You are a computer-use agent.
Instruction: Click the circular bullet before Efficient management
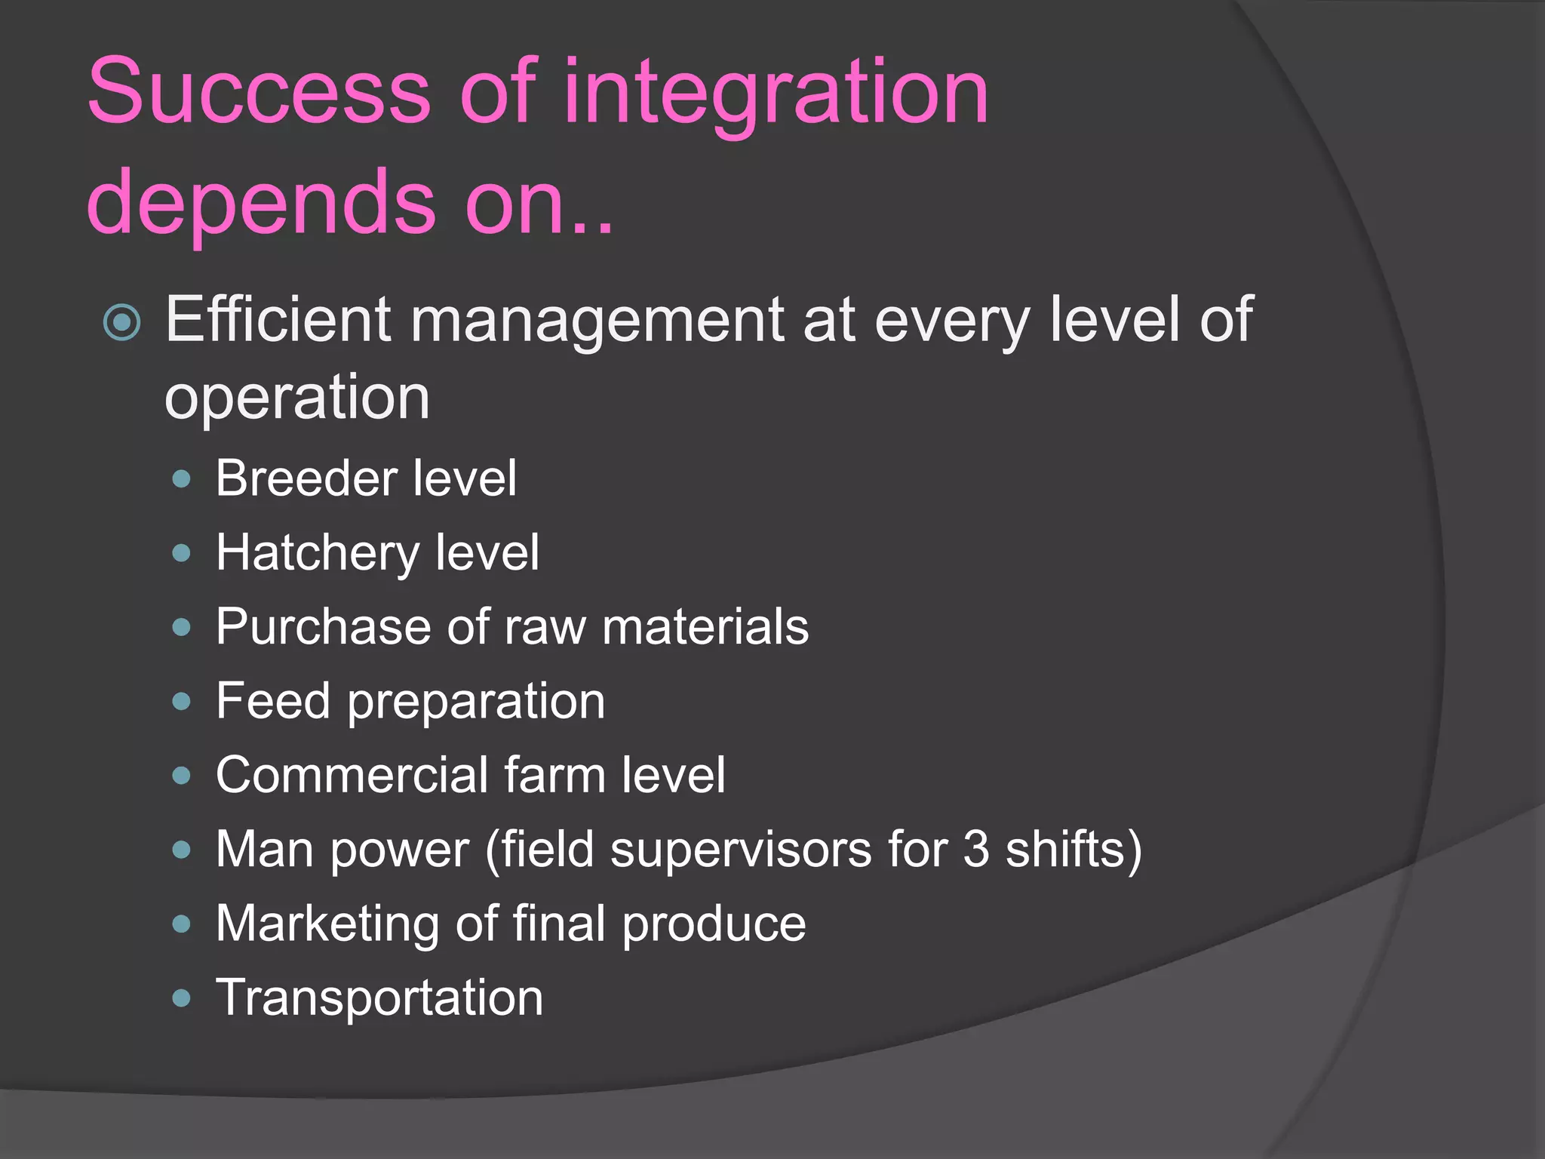122,322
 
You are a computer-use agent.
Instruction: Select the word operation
297,398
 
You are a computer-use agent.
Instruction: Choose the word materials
705,627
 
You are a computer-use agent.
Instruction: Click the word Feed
273,701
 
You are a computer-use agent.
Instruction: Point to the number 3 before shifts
976,850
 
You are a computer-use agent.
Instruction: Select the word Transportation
379,998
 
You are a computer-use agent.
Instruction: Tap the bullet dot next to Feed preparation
181,702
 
